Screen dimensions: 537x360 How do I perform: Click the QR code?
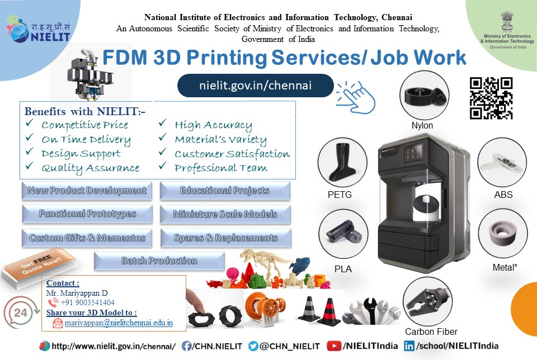pos(491,98)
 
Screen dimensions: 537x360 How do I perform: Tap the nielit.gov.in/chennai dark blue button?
pos(256,86)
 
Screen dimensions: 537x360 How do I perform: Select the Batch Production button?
pos(159,261)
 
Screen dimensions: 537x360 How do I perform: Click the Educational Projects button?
pos(225,191)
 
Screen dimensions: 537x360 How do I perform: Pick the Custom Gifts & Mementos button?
pos(87,238)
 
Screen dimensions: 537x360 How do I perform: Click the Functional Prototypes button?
pos(87,214)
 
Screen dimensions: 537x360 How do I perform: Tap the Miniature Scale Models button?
pos(225,214)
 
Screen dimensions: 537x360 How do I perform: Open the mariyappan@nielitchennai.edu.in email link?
pos(119,323)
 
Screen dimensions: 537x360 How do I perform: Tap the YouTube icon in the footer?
pos(335,346)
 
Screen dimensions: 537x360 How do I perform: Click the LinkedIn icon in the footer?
pos(409,346)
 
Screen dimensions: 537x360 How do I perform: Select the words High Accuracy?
pos(213,125)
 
